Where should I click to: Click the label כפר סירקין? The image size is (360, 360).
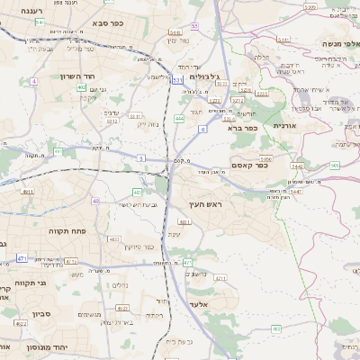(142, 247)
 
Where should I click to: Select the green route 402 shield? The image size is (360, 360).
(137, 192)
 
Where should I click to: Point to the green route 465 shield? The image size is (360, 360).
(335, 166)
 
